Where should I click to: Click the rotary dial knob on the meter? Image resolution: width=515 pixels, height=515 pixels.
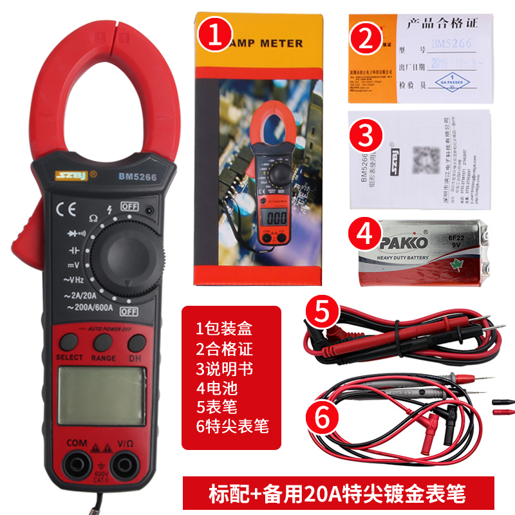pyautogui.click(x=129, y=253)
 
